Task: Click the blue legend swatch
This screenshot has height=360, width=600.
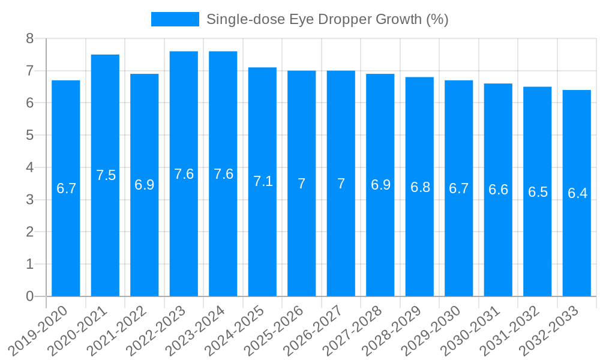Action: [175, 19]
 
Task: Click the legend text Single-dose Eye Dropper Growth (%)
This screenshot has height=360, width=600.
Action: [327, 19]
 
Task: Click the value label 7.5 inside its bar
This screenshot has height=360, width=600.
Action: [106, 175]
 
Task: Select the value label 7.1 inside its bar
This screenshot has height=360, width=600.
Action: [263, 181]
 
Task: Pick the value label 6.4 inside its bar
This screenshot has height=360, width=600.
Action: [577, 193]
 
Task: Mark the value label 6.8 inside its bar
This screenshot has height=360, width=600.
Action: [420, 187]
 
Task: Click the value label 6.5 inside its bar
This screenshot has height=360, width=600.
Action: [538, 192]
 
